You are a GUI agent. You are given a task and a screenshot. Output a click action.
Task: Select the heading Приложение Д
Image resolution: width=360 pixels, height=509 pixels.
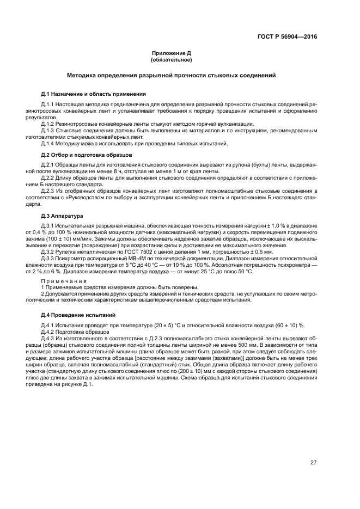point(171,53)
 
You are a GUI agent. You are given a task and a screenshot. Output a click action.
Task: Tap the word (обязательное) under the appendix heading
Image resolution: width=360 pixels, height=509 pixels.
point(171,60)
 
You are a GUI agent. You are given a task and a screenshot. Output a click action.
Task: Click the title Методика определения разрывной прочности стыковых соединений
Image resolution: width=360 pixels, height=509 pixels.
point(171,75)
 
